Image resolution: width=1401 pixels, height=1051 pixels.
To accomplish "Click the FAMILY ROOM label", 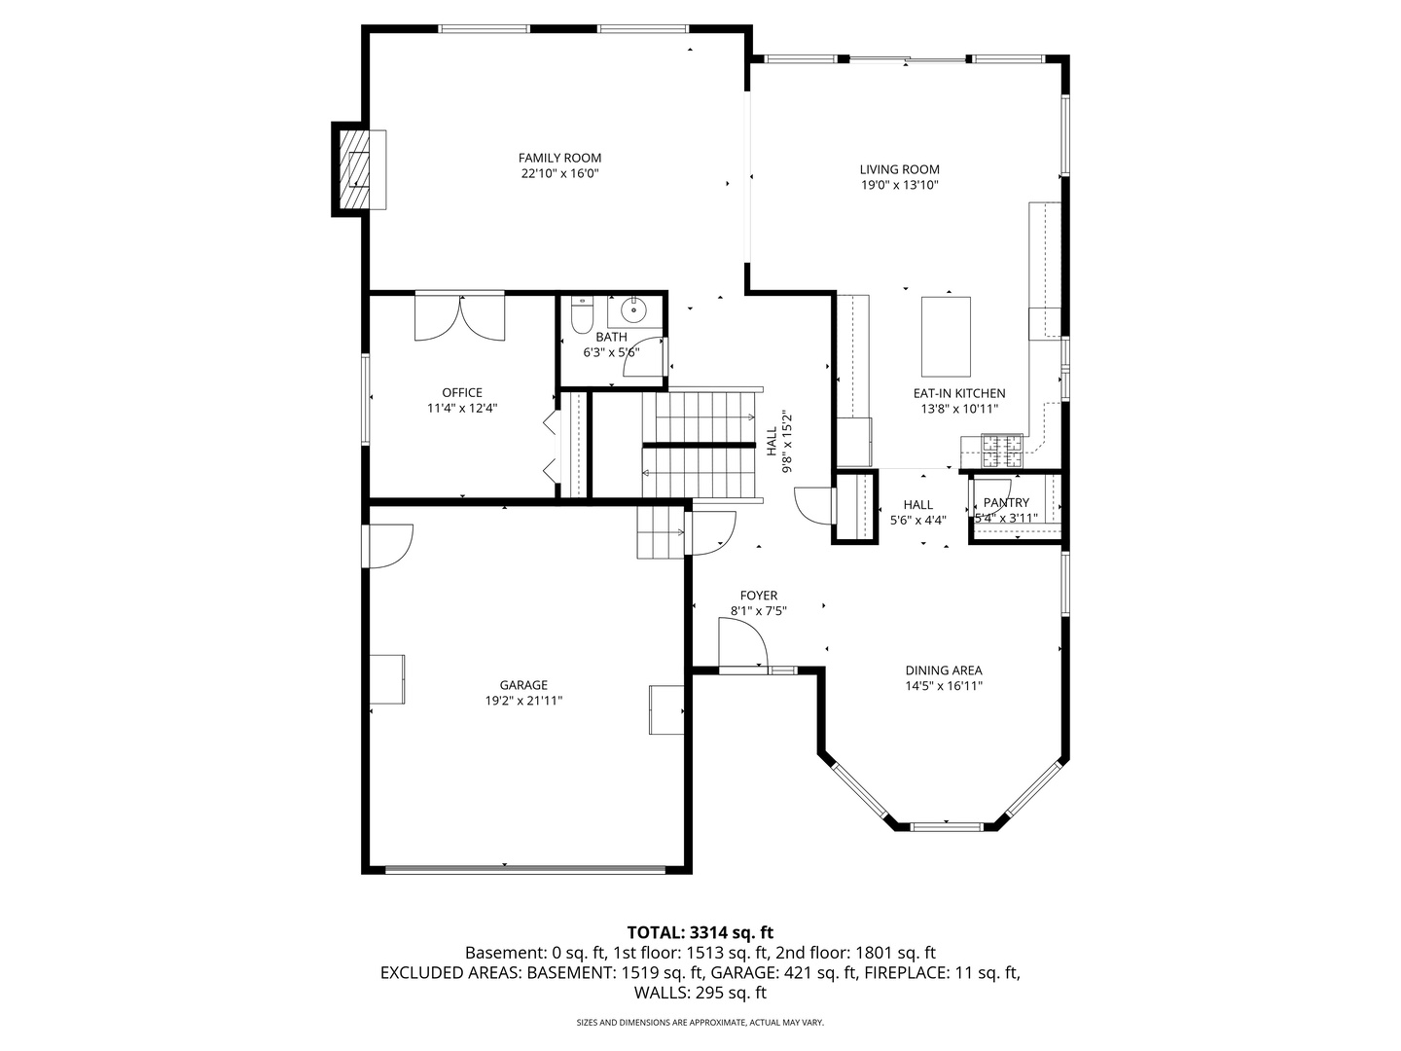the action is point(559,158).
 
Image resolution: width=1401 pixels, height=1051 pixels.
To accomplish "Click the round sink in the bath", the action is point(633,310).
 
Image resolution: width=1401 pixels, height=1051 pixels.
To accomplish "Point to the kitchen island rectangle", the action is point(946,337).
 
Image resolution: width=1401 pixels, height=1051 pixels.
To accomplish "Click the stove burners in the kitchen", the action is point(1002,451).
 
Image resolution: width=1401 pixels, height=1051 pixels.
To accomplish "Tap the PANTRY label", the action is point(1006,502).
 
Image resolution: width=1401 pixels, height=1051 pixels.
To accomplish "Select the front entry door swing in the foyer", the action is point(742,645).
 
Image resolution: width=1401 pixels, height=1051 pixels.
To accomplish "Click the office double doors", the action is point(459,317).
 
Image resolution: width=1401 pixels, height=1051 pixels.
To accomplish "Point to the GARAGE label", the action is point(523,685).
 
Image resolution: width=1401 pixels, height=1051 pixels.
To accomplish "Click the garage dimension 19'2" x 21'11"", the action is point(523,701).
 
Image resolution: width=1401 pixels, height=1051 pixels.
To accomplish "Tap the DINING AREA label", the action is point(944,670).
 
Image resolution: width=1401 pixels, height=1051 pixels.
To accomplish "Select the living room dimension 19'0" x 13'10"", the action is point(899,185).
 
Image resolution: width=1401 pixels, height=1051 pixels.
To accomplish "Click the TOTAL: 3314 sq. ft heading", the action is point(700,932).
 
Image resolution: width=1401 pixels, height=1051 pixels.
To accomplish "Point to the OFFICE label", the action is point(462,392).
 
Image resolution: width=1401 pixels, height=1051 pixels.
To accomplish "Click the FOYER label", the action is point(758,596).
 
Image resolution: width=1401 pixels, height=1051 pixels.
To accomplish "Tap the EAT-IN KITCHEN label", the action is point(958,393).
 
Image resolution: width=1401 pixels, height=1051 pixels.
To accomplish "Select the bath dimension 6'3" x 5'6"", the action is point(611,352).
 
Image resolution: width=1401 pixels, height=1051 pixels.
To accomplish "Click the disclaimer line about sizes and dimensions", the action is point(700,1022).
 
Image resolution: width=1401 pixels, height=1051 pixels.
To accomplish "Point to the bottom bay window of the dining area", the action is point(946,826).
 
